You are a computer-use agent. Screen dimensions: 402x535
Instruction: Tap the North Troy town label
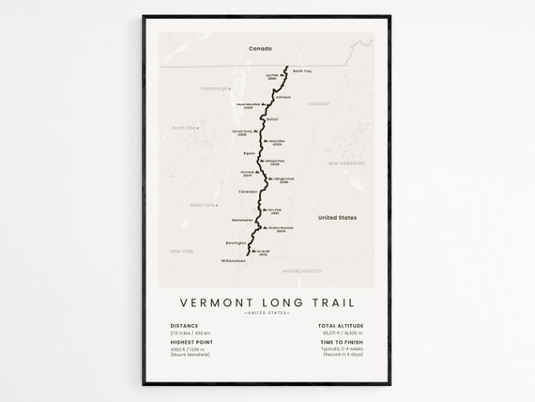coord(302,71)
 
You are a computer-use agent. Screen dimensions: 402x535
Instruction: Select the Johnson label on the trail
coord(284,96)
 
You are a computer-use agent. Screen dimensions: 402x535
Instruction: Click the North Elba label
coord(183,127)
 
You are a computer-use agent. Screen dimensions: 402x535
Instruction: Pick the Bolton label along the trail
coord(272,120)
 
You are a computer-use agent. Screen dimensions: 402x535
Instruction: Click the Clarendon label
coord(247,191)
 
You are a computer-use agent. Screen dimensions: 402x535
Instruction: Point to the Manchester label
coord(242,220)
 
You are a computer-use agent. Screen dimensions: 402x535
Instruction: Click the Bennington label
coord(235,243)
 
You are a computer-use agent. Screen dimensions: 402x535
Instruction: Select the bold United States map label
coord(338,217)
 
